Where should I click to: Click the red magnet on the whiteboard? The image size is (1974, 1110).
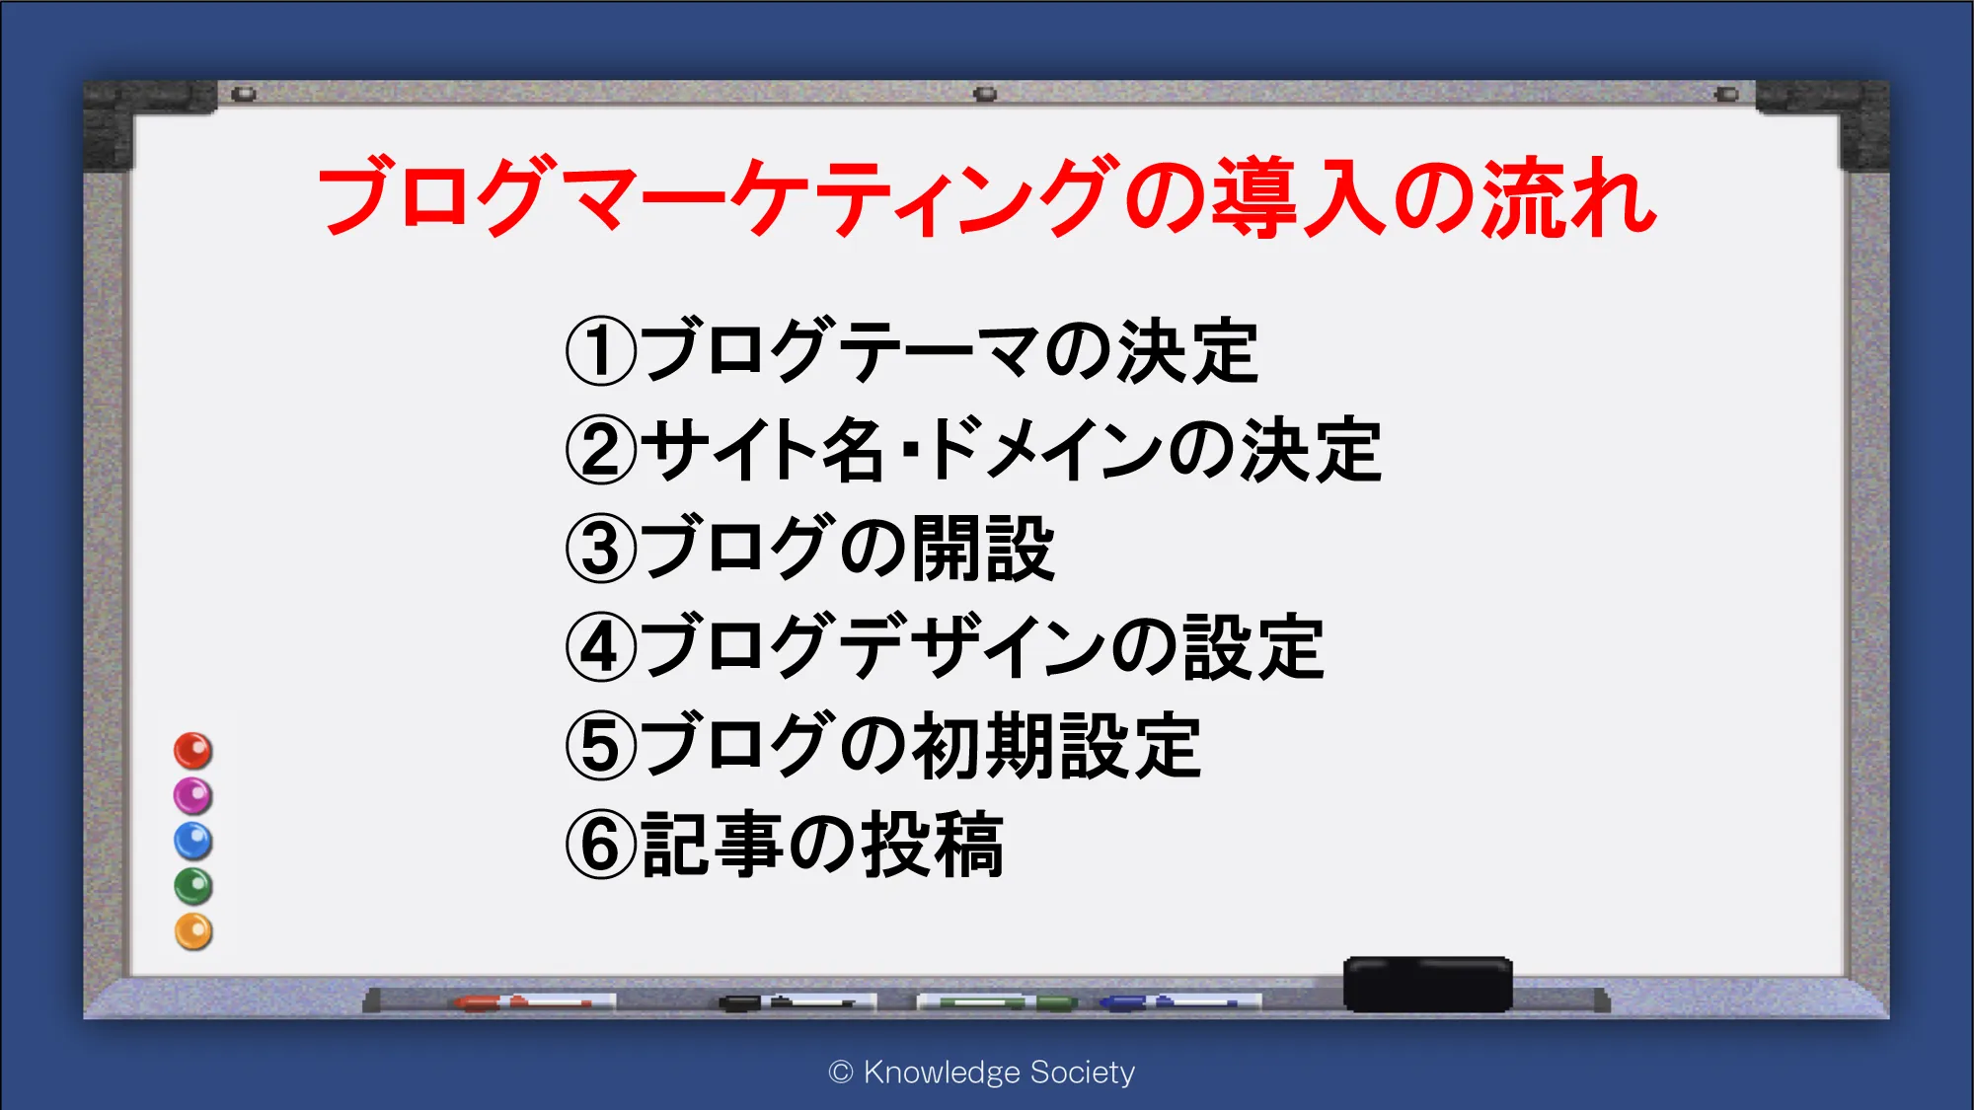[x=193, y=751]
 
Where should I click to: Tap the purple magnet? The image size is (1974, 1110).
[x=193, y=796]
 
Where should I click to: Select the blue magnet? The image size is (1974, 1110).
[x=193, y=842]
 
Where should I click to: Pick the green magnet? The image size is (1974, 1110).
[x=193, y=887]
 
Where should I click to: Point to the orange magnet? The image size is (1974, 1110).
[x=193, y=932]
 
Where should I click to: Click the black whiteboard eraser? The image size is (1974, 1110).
[x=1428, y=984]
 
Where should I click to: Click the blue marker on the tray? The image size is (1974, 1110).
[x=1179, y=1002]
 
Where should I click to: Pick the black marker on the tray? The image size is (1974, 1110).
[x=797, y=1002]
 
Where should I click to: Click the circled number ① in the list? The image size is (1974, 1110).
[x=601, y=351]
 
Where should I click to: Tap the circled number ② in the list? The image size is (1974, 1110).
[x=601, y=450]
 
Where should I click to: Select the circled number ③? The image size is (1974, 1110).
[x=601, y=549]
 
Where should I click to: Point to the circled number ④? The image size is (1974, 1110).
[x=601, y=647]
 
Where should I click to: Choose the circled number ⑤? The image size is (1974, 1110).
[x=601, y=746]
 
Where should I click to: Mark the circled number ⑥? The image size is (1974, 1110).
[x=601, y=845]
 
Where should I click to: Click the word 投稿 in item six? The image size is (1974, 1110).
[x=934, y=845]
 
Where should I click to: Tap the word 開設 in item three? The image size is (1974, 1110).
[x=984, y=549]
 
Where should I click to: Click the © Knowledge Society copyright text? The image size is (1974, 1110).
[x=982, y=1073]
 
